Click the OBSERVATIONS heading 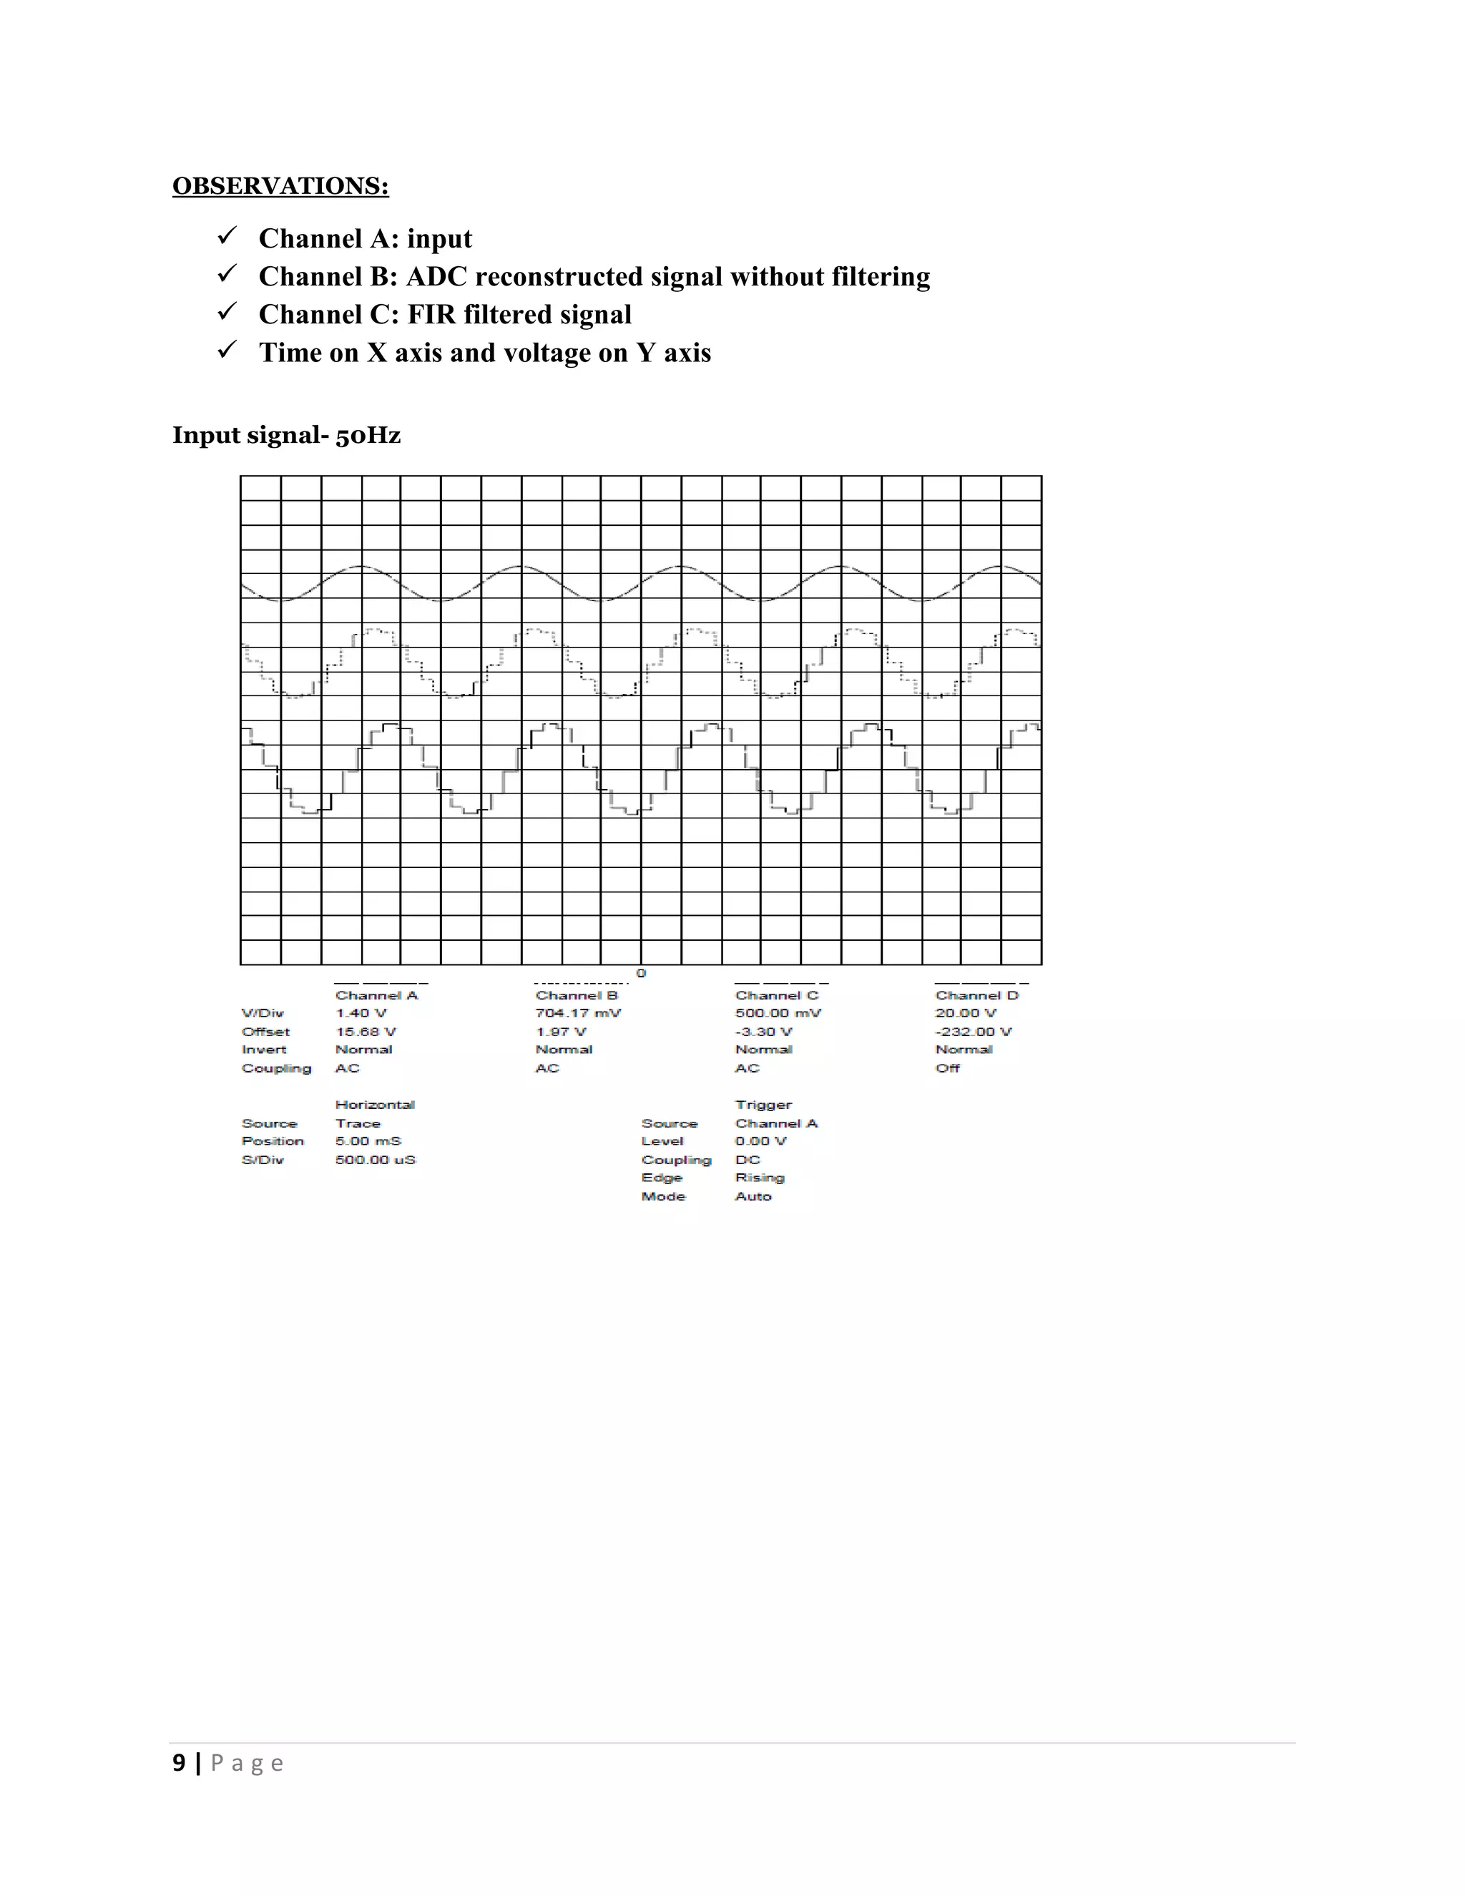280,186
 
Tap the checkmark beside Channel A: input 227,236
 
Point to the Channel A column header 377,995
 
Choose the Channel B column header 577,995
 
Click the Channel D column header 976,995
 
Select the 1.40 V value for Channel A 361,1013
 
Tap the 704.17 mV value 578,1013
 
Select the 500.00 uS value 375,1160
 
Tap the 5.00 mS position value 368,1142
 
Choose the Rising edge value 760,1178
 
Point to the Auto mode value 753,1196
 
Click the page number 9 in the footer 179,1763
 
